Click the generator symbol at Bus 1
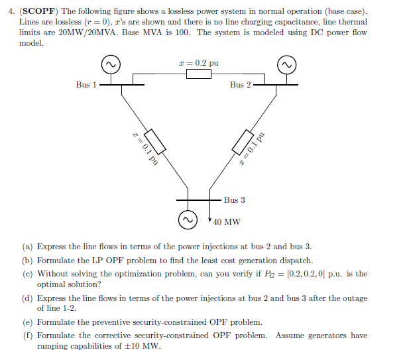point(110,64)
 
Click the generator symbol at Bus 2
point(287,64)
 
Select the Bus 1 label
point(86,85)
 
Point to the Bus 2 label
point(241,85)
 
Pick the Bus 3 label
point(234,200)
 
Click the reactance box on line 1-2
point(199,74)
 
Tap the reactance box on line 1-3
point(154,141)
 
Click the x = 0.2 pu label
point(199,62)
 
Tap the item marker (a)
point(27,247)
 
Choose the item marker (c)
point(27,273)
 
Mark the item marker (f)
point(27,335)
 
